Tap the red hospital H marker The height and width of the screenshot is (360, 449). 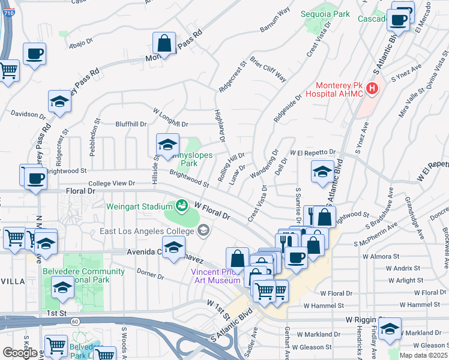[372, 89]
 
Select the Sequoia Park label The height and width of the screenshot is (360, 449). [333, 13]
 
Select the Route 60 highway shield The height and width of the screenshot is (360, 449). [74, 322]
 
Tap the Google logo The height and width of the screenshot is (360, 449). [20, 353]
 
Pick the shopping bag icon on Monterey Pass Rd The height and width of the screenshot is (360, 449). [164, 43]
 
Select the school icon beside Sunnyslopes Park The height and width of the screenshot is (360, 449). [167, 144]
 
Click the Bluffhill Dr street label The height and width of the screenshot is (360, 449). [131, 124]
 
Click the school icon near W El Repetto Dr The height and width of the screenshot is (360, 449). [322, 172]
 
